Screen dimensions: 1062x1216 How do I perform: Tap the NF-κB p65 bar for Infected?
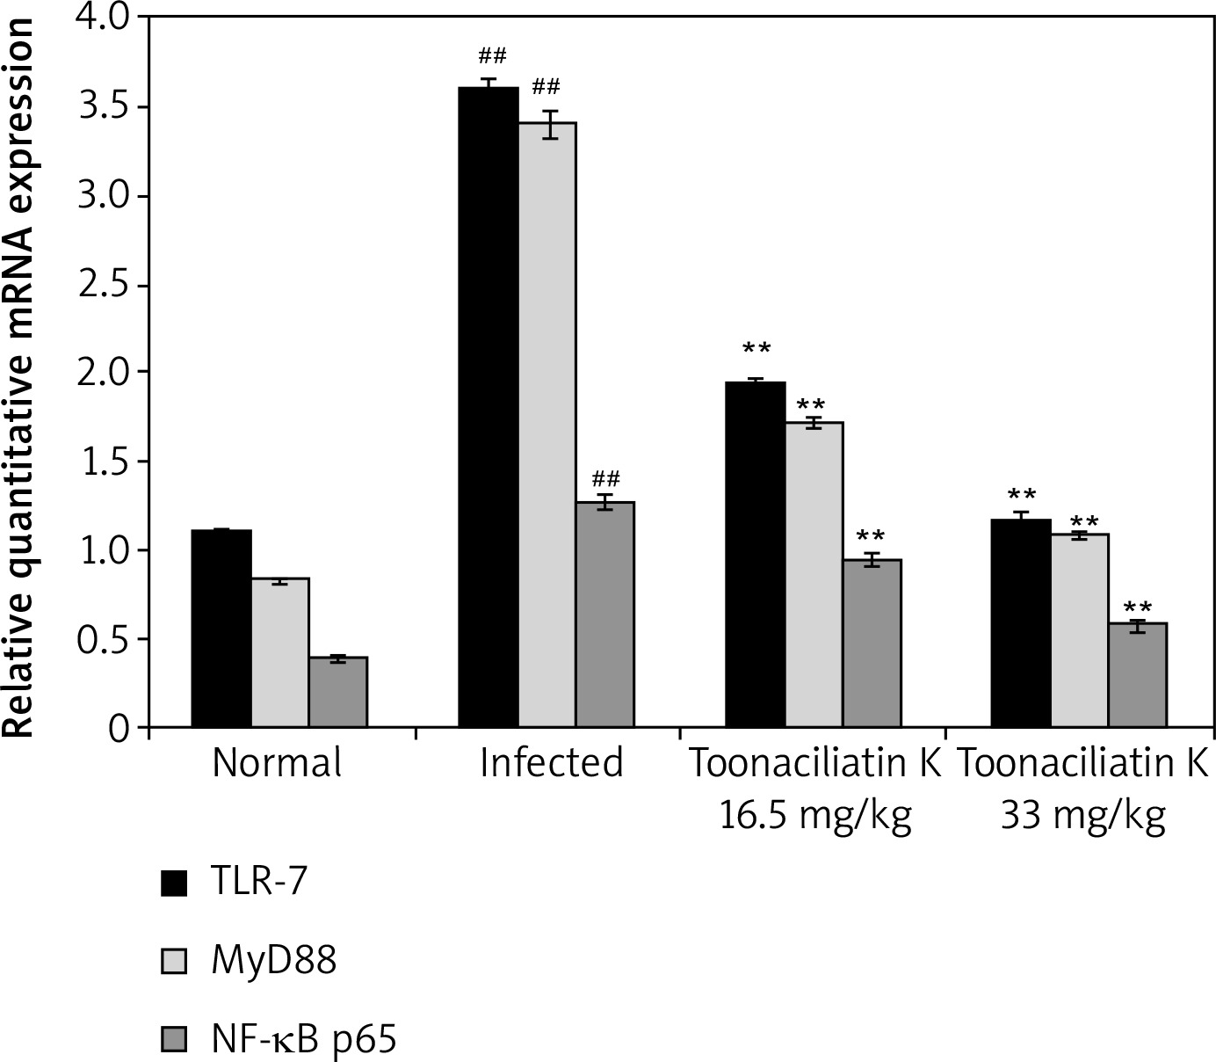604,615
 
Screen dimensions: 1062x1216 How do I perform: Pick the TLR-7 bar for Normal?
221,629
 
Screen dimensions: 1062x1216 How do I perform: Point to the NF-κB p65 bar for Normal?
337,692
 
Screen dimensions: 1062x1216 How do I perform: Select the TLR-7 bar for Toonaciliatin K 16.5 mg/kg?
755,555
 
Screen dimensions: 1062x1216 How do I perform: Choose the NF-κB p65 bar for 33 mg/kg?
1137,675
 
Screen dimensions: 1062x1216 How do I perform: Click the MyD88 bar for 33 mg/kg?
1079,630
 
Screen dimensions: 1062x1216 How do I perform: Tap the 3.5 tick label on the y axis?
103,106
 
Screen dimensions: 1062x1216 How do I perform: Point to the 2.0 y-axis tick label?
103,373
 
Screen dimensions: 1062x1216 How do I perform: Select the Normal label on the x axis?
277,763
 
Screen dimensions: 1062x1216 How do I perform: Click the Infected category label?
551,763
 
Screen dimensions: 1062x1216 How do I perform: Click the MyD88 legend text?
273,961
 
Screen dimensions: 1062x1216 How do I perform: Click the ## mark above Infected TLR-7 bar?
492,57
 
